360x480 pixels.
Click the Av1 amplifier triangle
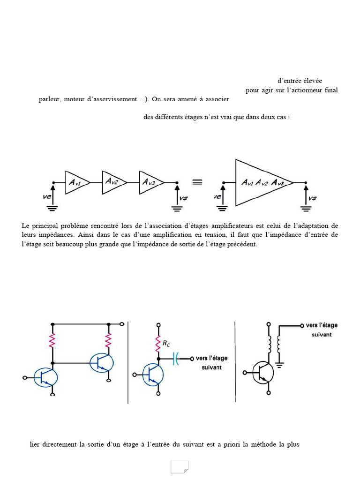76,182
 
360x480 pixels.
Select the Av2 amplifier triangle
113,182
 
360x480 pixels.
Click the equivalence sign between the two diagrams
197,182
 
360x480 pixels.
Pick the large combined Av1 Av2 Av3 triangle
261,182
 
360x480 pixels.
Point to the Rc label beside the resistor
166,344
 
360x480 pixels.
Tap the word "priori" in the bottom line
232,444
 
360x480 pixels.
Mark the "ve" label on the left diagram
47,197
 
